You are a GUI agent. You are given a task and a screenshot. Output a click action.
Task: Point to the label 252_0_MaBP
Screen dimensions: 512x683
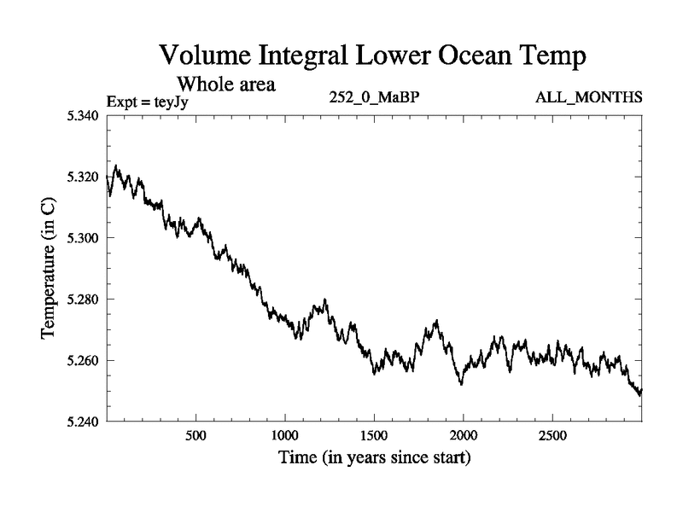[x=374, y=98]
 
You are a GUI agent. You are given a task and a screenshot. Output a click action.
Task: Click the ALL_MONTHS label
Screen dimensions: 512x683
[x=588, y=98]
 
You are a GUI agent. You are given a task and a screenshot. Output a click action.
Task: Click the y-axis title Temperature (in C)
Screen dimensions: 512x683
[x=49, y=269]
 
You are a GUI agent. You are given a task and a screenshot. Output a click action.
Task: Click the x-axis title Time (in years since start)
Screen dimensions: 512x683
[x=374, y=458]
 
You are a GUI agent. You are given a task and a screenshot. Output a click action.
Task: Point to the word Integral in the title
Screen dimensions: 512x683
[x=306, y=59]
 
